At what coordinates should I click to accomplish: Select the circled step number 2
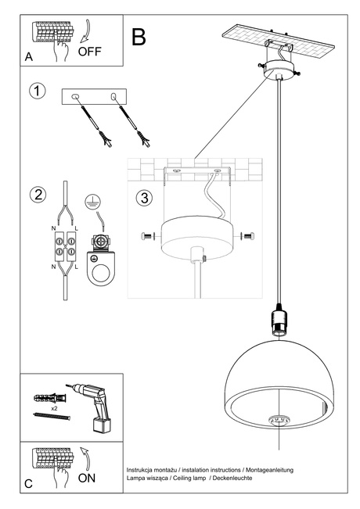click(36, 195)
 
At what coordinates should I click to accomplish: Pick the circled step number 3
click(143, 197)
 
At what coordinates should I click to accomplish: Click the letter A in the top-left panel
click(28, 57)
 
